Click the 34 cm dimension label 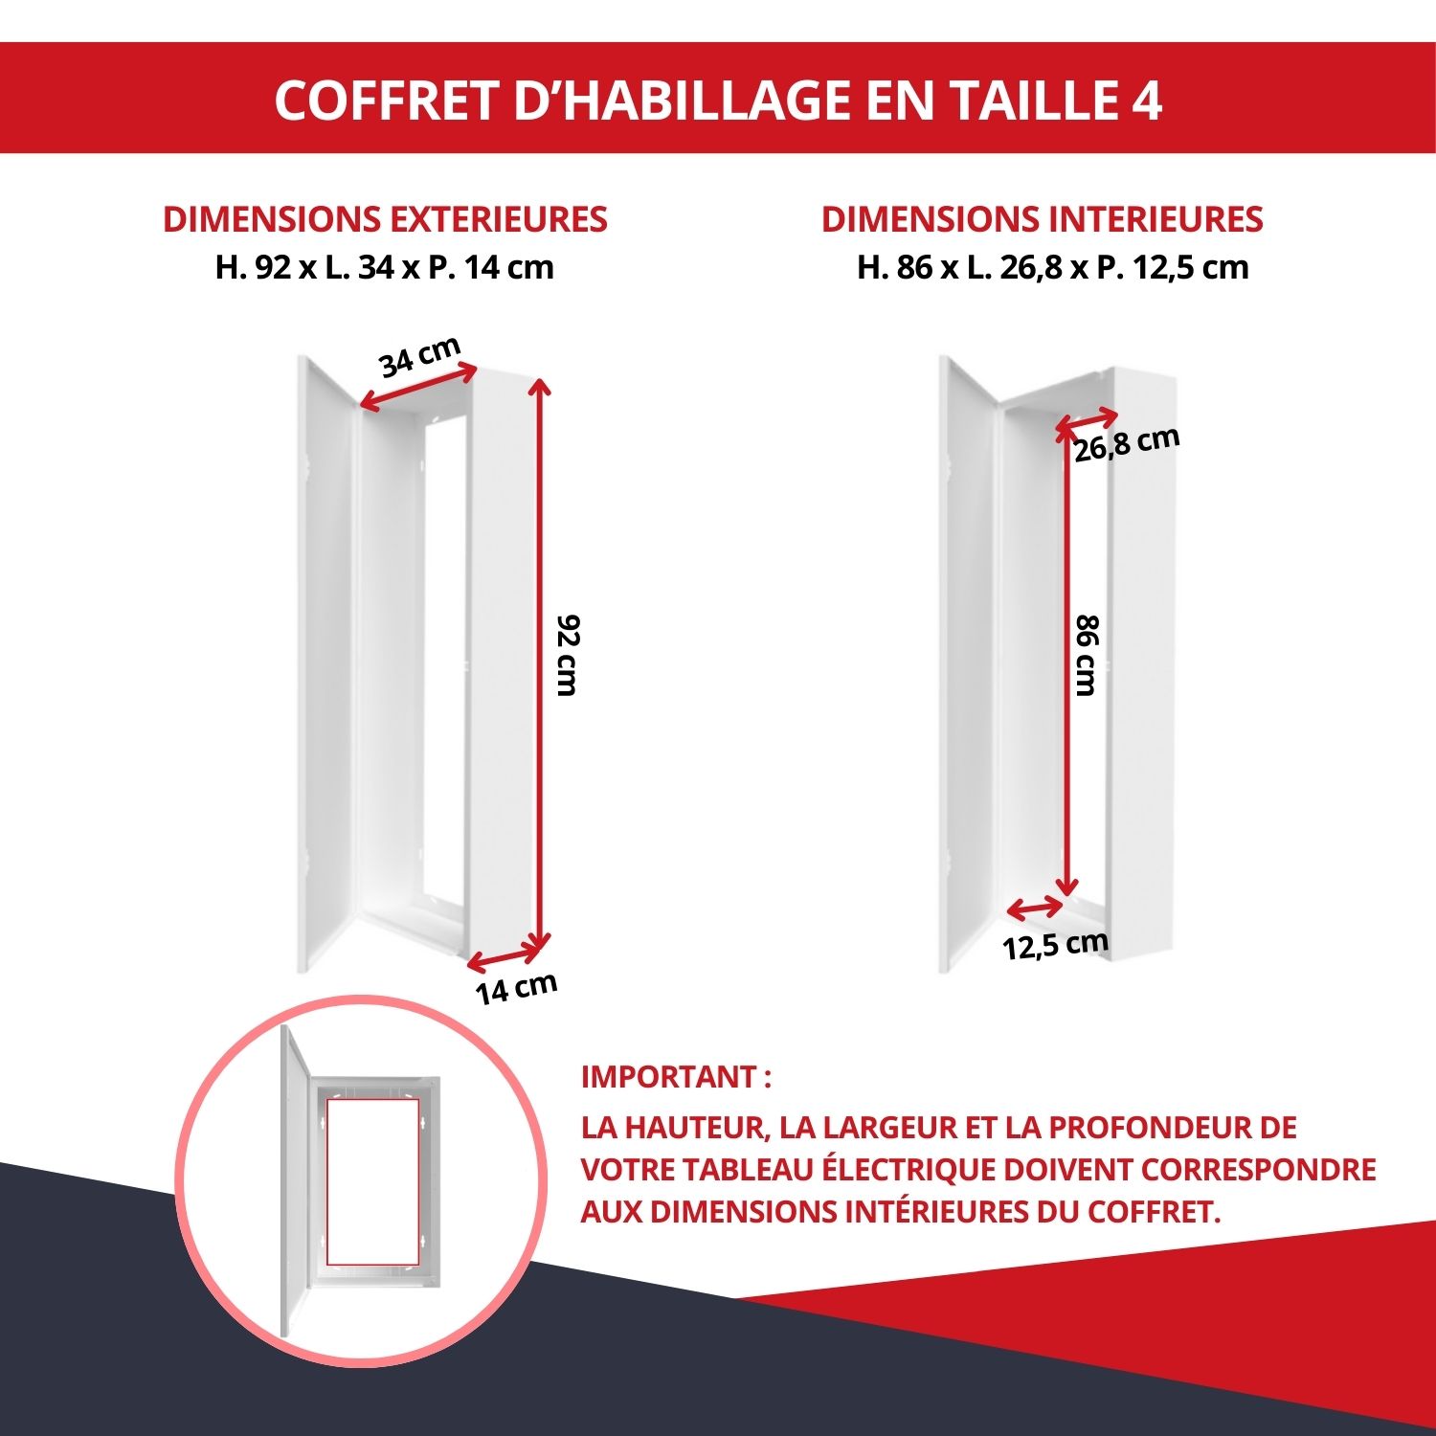point(419,357)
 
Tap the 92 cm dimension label point(568,656)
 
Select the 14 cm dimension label point(516,988)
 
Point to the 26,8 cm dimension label point(1126,444)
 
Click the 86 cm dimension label point(1087,656)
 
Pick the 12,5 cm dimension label point(1055,946)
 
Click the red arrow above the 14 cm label point(505,954)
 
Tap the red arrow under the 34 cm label point(417,388)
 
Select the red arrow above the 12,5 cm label point(1035,908)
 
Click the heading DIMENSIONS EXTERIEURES point(385,219)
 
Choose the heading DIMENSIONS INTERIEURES point(1042,219)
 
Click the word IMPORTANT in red point(669,1077)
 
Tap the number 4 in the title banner point(1147,100)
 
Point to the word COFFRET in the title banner point(388,100)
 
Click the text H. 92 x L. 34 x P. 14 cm point(385,267)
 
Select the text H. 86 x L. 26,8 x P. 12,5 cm point(1052,267)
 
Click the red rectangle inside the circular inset point(372,1181)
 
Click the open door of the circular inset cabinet point(295,1182)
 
